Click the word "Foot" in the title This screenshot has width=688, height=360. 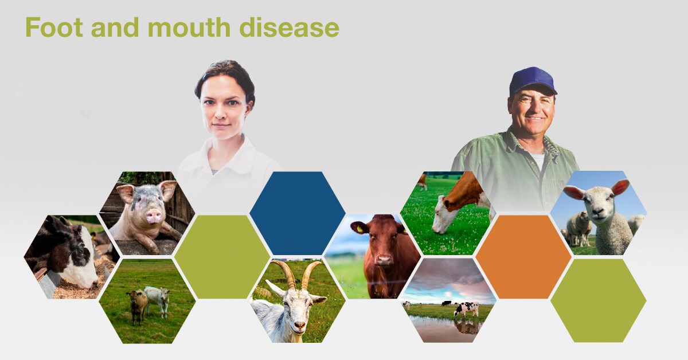pyautogui.click(x=54, y=27)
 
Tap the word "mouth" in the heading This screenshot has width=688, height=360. pyautogui.click(x=189, y=27)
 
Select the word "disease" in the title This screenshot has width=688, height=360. pyautogui.click(x=289, y=27)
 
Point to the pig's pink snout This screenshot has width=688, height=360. pyautogui.click(x=153, y=216)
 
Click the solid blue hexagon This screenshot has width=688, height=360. pyautogui.click(x=298, y=213)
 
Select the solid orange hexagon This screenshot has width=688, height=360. pyautogui.click(x=523, y=257)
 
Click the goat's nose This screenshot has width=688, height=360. pyautogui.click(x=299, y=324)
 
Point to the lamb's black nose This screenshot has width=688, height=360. pyautogui.click(x=597, y=212)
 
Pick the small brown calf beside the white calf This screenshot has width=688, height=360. pyautogui.click(x=137, y=306)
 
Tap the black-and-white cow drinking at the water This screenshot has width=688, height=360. pyautogui.click(x=466, y=308)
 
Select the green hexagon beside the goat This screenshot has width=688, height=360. pyautogui.click(x=222, y=257)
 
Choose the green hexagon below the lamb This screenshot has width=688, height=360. pyautogui.click(x=599, y=300)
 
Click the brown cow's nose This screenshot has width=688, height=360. pyautogui.click(x=384, y=260)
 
